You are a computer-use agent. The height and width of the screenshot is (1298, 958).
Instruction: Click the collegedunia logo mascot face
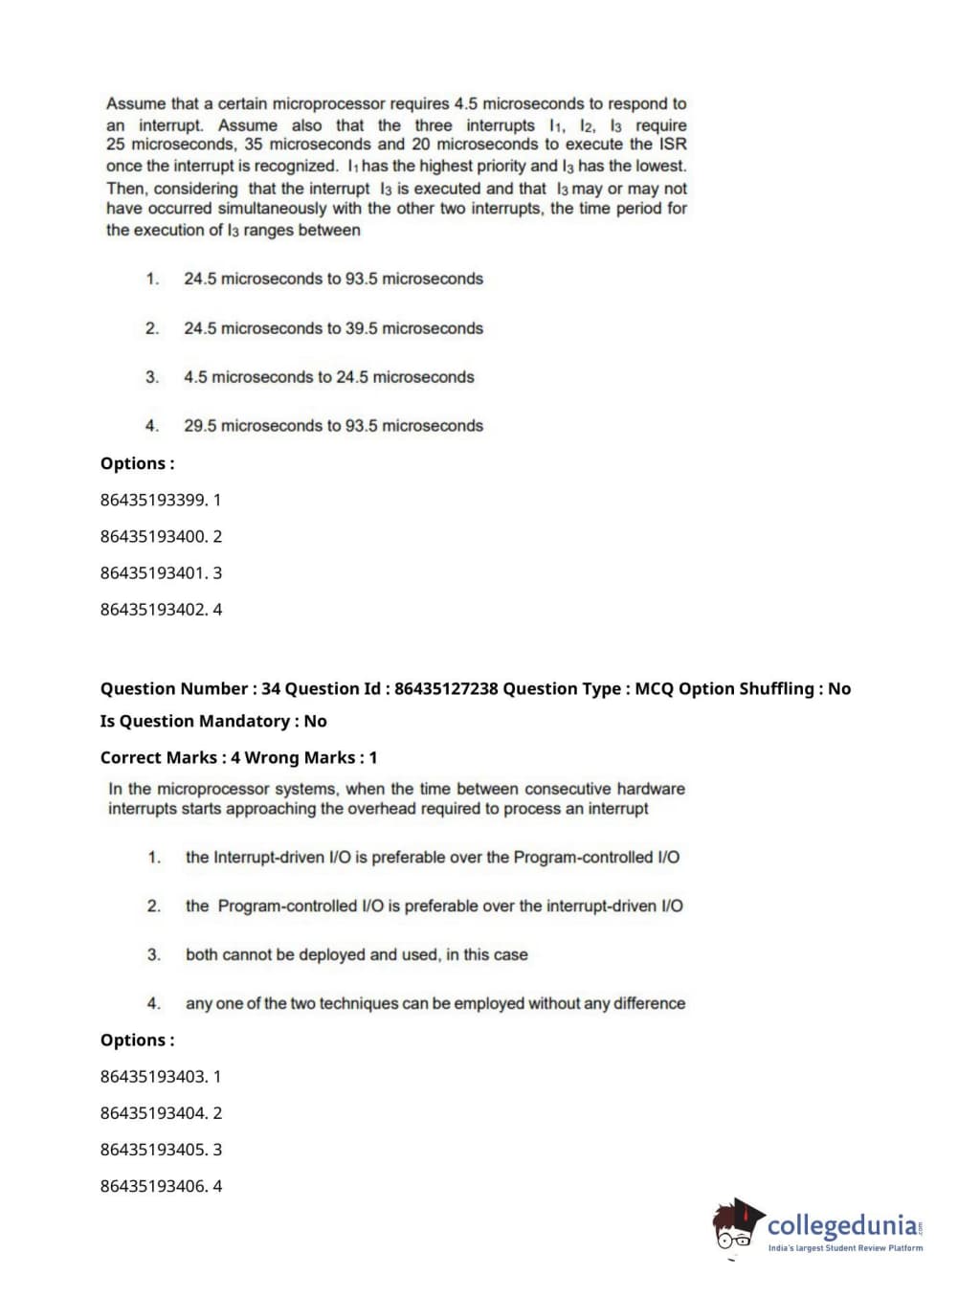737,1227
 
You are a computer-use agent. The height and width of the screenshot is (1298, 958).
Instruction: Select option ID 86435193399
160,500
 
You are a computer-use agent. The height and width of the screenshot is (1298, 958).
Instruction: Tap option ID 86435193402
160,610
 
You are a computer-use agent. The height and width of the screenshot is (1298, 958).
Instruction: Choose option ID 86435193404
160,1113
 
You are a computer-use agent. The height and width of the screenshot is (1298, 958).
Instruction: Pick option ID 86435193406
160,1186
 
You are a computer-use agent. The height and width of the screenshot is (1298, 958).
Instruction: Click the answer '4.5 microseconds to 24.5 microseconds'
328,377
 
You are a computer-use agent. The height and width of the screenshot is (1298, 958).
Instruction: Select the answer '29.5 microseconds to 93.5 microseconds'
333,426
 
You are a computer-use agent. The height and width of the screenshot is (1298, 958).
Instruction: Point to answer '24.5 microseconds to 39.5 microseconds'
333,328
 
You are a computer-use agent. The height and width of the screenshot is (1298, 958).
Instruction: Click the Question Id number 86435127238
446,689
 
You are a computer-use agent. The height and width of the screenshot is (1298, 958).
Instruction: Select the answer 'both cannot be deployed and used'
356,955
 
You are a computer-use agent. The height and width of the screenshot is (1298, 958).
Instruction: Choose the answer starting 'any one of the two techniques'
434,1004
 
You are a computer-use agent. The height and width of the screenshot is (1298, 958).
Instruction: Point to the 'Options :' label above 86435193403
137,1041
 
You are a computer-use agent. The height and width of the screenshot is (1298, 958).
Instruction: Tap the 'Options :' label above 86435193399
137,464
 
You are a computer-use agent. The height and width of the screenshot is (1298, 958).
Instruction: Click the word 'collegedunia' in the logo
841,1225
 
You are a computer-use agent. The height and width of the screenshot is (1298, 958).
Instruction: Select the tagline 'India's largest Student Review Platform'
845,1248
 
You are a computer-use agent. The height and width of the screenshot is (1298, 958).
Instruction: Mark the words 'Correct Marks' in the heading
159,758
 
